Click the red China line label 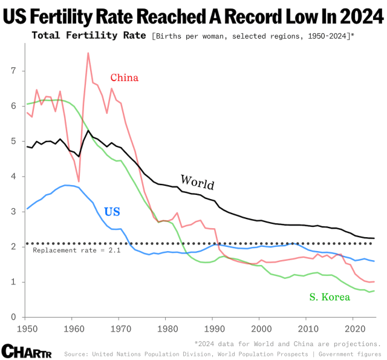pyautogui.click(x=124, y=77)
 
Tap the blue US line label pyautogui.click(x=112, y=212)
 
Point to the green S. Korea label pyautogui.click(x=331, y=296)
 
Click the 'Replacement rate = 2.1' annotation pyautogui.click(x=76, y=250)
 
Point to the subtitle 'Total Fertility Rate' pyautogui.click(x=88, y=35)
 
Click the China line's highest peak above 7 pyautogui.click(x=88, y=53)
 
